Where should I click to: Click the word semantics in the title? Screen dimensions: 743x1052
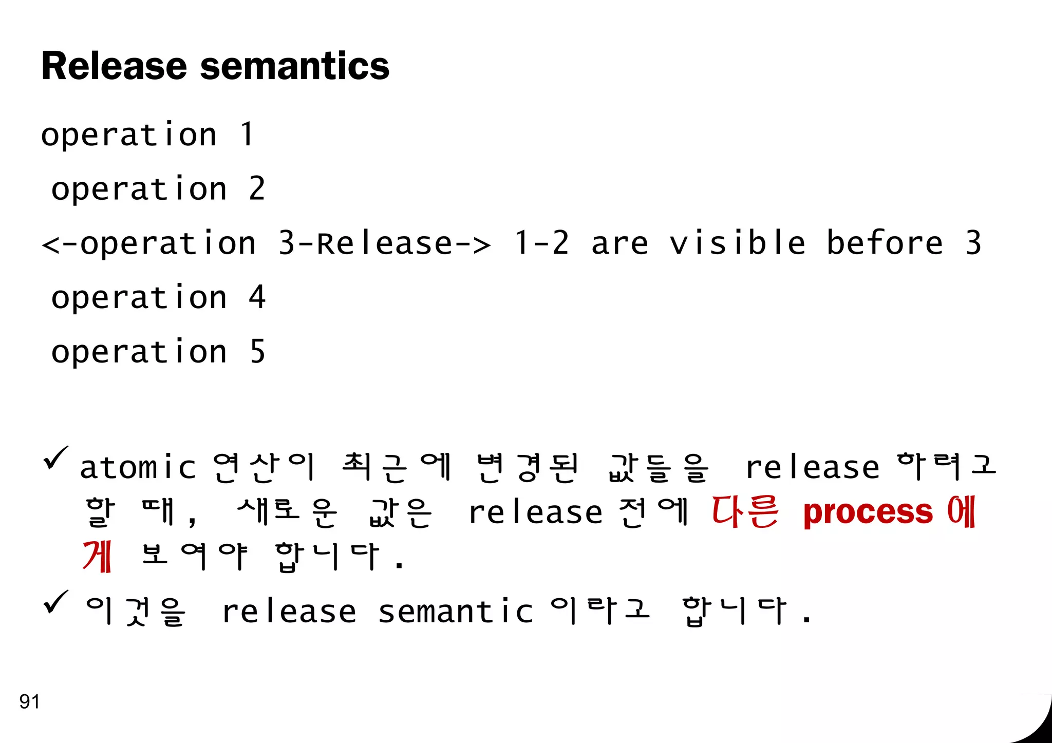click(x=295, y=67)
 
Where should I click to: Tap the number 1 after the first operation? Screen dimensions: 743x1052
click(x=248, y=135)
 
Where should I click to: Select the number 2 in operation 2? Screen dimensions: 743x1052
click(x=257, y=188)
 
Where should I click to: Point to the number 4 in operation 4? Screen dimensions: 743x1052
click(x=257, y=297)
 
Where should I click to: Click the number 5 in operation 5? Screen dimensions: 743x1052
click(x=257, y=352)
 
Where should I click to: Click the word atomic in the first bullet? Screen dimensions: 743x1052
click(x=138, y=468)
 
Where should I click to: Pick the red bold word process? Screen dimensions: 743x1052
click(x=868, y=512)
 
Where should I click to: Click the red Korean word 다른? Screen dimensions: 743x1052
click(x=745, y=512)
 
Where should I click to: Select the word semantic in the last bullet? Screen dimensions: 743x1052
click(x=456, y=612)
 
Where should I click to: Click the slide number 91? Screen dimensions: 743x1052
click(x=29, y=701)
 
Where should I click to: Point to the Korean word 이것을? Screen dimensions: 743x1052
click(x=136, y=611)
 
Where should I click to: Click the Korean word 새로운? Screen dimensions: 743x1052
click(x=287, y=512)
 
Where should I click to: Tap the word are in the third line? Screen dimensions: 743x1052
click(x=619, y=243)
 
